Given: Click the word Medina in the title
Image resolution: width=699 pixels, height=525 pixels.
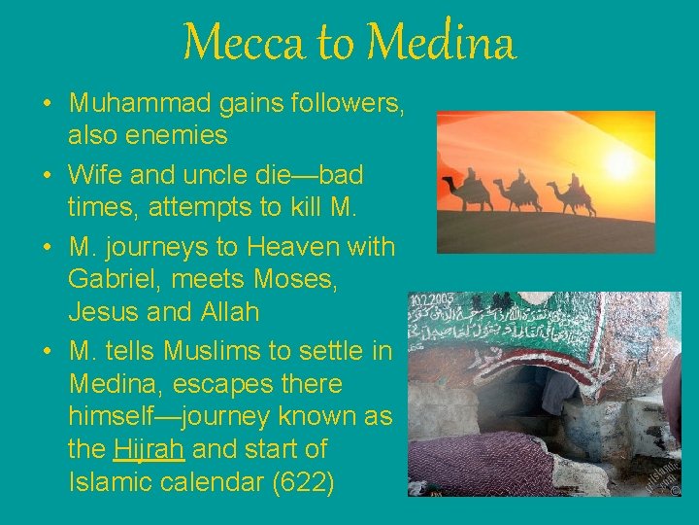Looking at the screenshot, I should coord(443,44).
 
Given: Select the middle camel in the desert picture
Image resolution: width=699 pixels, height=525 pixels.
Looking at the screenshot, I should coord(518,192).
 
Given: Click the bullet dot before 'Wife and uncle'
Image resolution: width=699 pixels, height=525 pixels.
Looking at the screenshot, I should coord(47,176).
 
